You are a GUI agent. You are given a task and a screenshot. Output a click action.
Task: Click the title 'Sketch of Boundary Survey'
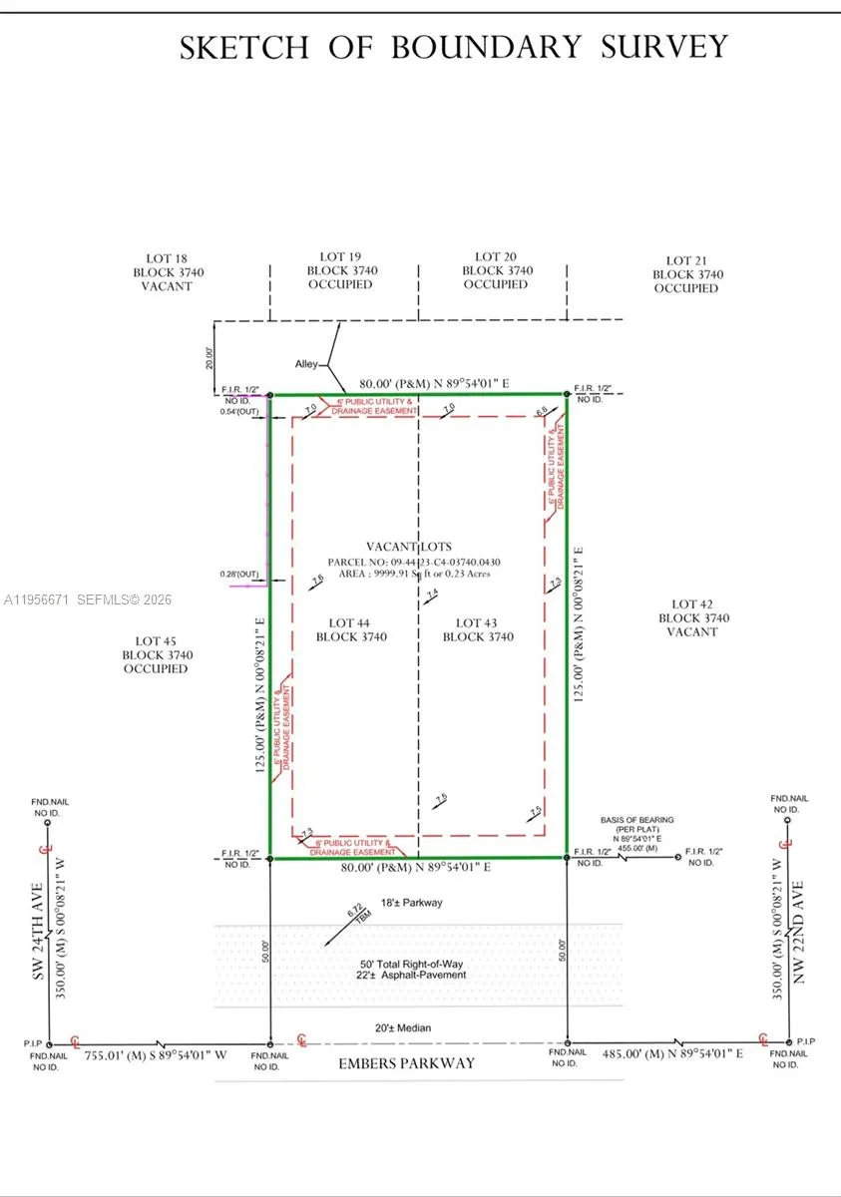(454, 47)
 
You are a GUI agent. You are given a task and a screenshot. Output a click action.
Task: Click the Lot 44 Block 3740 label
(351, 629)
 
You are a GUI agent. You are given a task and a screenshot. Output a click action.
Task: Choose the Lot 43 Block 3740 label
(478, 629)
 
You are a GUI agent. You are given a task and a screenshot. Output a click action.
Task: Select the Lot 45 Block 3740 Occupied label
(157, 655)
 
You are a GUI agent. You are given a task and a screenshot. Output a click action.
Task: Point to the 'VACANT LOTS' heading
(408, 547)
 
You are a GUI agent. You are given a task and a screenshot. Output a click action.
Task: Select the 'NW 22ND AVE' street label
(797, 923)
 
